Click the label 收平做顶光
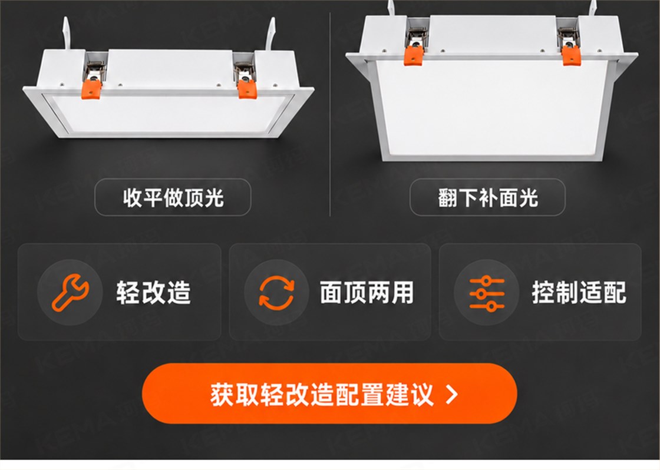pos(173,197)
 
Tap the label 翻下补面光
pos(487,197)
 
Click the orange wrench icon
pos(70,293)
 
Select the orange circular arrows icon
pos(276,293)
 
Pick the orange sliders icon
pos(487,293)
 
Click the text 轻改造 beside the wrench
pos(154,293)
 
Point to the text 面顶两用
pos(367,293)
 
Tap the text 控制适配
pos(579,293)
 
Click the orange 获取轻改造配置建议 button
pos(329,394)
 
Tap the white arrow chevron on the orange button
pos(451,395)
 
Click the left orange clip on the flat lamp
pos(91,89)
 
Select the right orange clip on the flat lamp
pos(247,89)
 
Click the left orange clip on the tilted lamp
pos(414,55)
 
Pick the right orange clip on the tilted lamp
pos(571,55)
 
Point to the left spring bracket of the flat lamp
pos(95,70)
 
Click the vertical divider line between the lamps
pos(330,114)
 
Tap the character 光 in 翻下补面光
pos(529,198)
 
